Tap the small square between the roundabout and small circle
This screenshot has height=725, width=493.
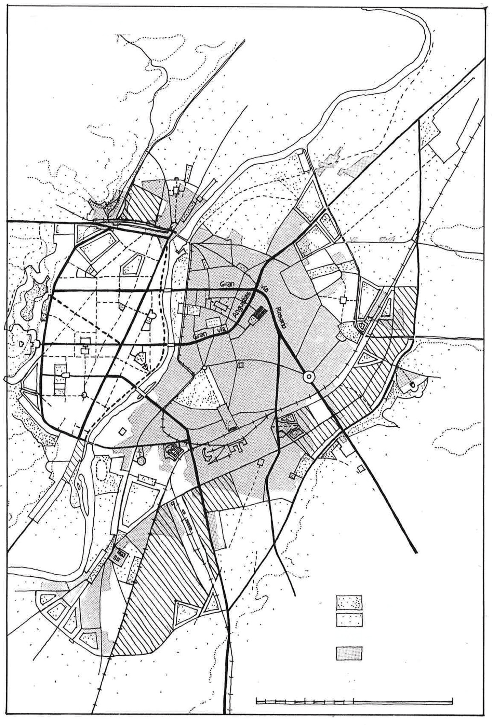pyautogui.click(x=241, y=365)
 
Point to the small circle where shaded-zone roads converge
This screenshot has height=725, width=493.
pyautogui.click(x=204, y=368)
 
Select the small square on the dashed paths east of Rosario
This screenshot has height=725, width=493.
pyautogui.click(x=343, y=300)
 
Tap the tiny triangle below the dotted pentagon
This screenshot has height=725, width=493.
pyautogui.click(x=145, y=368)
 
